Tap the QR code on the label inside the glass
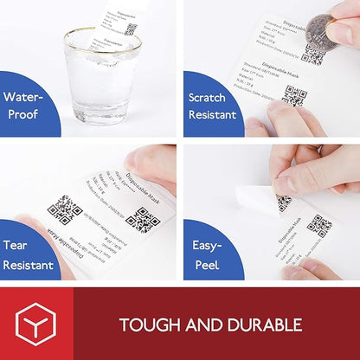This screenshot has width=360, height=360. pyautogui.click(x=131, y=28)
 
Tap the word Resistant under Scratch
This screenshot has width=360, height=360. pyautogui.click(x=213, y=115)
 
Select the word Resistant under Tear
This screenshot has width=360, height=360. pyautogui.click(x=29, y=264)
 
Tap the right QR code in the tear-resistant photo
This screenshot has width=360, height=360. pyautogui.click(x=142, y=219)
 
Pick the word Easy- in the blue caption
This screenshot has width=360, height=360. pyautogui.click(x=207, y=245)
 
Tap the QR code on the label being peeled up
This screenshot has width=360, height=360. pyautogui.click(x=284, y=202)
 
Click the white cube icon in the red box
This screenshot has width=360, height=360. pyautogui.click(x=36, y=324)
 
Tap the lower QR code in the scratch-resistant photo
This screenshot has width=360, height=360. pyautogui.click(x=295, y=95)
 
